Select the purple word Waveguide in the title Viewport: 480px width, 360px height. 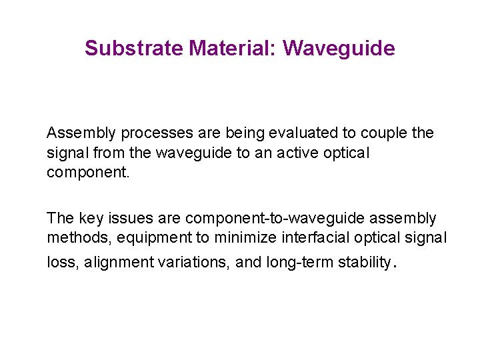(339, 49)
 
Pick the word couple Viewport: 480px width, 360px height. (385, 133)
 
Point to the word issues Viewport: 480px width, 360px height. (123, 219)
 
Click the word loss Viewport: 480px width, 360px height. (61, 263)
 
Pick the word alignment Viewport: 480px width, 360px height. (117, 263)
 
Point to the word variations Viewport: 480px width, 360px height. (191, 263)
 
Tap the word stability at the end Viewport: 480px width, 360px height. (363, 263)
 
